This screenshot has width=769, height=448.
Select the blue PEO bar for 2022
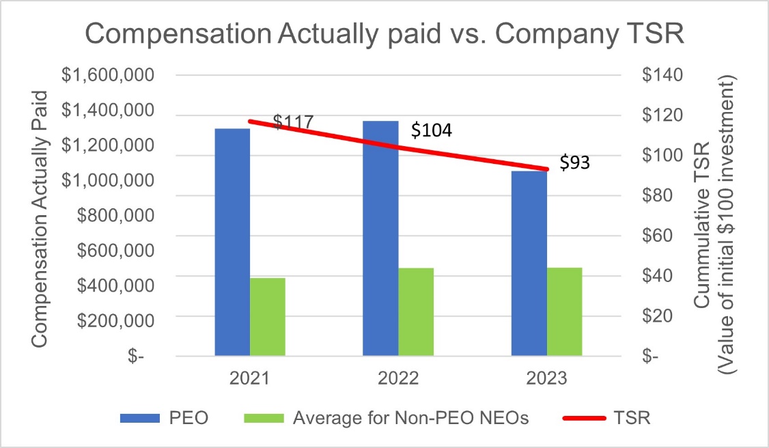380,238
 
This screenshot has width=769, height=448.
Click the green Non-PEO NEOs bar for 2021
268,317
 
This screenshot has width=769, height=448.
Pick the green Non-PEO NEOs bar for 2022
416,311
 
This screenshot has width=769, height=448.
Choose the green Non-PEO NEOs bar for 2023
565,311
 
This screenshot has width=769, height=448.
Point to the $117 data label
293,122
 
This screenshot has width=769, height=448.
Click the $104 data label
431,130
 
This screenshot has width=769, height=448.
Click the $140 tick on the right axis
662,75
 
